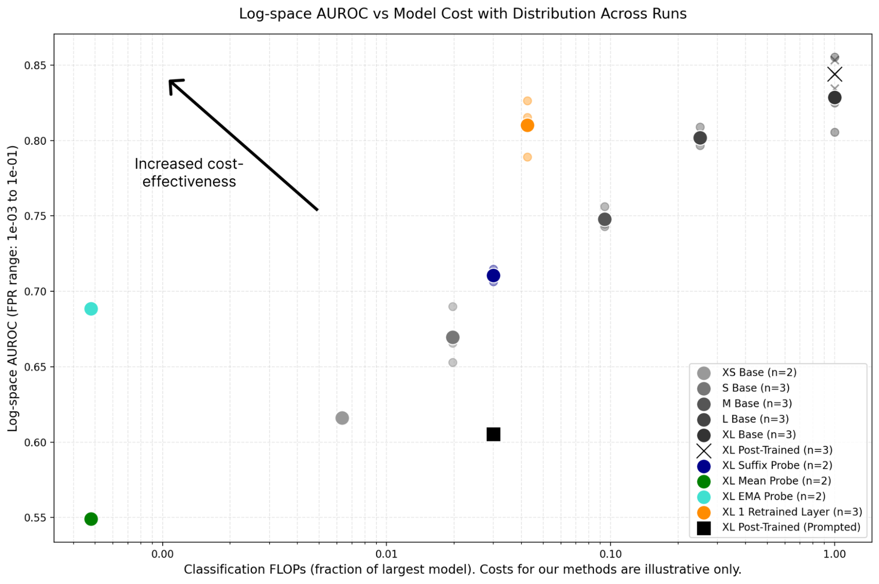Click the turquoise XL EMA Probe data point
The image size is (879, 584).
coord(91,309)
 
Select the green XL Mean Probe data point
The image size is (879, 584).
coord(91,519)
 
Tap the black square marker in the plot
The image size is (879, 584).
coord(493,434)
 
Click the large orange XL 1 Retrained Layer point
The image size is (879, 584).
coord(527,125)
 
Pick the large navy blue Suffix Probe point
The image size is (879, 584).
coord(493,275)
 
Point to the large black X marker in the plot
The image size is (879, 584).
coord(835,75)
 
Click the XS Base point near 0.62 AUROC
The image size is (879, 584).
coord(342,418)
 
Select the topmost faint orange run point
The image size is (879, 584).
coord(527,101)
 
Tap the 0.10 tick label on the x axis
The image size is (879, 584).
coord(611,554)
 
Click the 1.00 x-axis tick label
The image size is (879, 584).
coord(834,554)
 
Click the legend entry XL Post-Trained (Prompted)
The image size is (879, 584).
coord(791,527)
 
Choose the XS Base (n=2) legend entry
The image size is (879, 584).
coord(759,372)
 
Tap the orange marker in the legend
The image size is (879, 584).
coord(704,512)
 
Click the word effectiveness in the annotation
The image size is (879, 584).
coord(189,182)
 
